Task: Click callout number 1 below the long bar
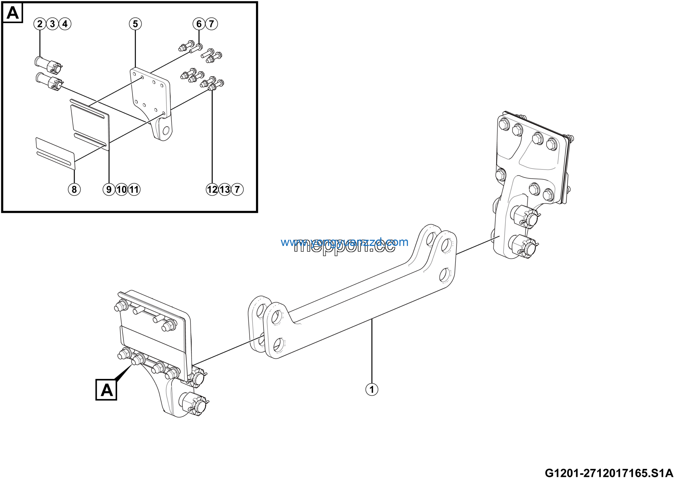point(371,389)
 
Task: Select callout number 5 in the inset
point(135,24)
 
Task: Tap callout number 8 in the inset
point(74,189)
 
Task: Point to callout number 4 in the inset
point(65,24)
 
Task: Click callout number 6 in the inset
point(199,24)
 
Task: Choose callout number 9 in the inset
point(109,189)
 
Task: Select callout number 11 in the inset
point(134,189)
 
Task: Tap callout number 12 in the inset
point(212,189)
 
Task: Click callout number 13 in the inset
point(225,189)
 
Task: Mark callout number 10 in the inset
point(122,189)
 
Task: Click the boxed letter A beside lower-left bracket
point(106,390)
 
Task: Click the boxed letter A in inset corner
point(13,13)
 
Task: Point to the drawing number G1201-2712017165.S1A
point(609,473)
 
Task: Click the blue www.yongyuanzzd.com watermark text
point(344,242)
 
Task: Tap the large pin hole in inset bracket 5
point(166,131)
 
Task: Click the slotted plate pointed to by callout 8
point(55,152)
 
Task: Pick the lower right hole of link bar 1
point(445,275)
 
